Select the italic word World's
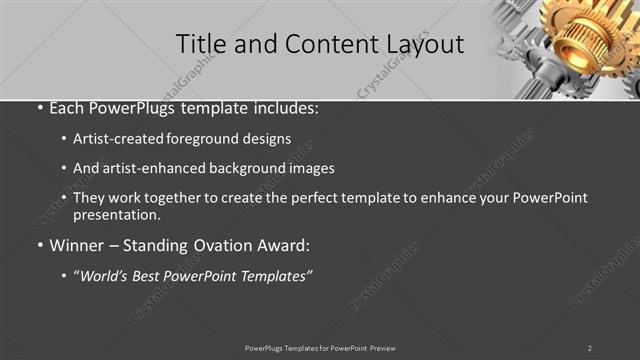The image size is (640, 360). [105, 274]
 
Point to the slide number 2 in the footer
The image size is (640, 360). [590, 348]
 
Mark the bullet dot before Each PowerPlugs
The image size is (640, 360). [38, 109]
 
